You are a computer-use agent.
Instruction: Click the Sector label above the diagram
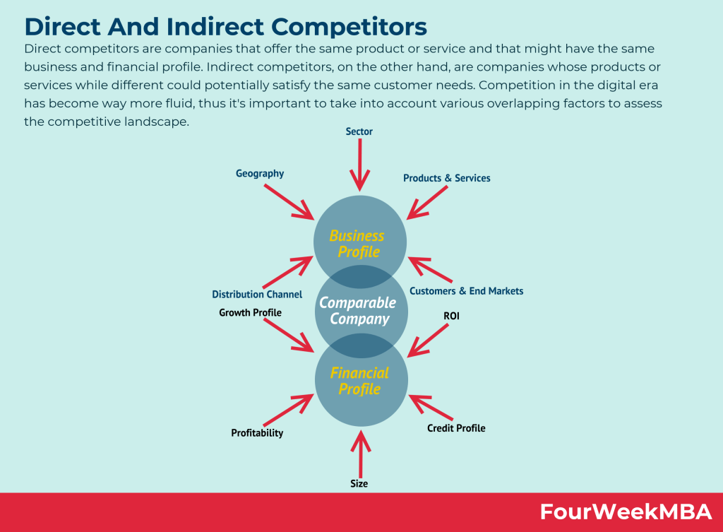359,131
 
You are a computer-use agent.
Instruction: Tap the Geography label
260,174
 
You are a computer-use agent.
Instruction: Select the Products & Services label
446,178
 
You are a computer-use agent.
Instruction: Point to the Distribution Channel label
257,294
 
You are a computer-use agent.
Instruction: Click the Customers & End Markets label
466,291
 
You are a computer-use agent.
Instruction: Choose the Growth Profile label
250,312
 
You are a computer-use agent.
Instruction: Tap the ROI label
451,317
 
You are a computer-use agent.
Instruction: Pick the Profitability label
257,433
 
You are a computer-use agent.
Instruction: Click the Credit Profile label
456,428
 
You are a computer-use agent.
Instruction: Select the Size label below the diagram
359,484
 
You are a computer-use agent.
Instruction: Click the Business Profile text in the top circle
357,244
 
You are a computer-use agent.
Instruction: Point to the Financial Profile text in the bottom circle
359,381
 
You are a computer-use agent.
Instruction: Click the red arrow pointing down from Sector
360,165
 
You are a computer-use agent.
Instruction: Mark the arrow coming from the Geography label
289,201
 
